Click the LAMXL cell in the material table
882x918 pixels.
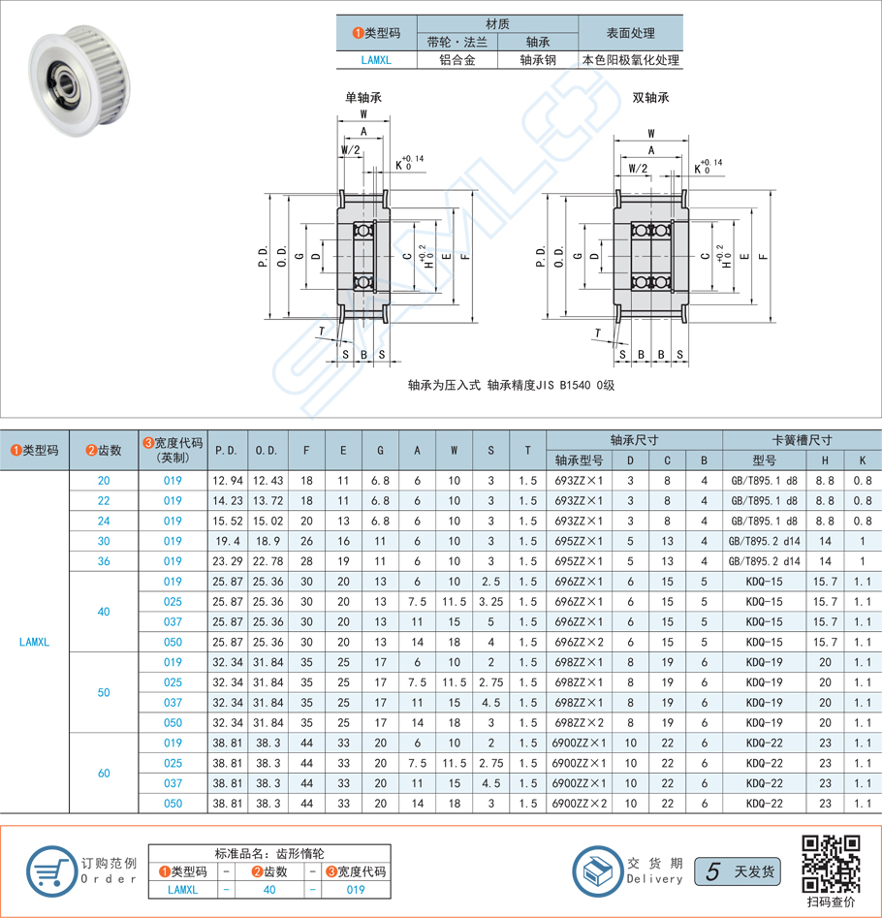[x=375, y=60]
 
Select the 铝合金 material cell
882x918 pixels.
[x=457, y=60]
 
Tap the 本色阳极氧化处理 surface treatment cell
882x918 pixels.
[x=630, y=60]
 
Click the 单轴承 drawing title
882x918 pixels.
[x=363, y=98]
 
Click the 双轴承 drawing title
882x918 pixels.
[x=650, y=98]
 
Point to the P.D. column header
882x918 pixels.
[x=227, y=450]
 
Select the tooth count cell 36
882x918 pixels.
[x=104, y=561]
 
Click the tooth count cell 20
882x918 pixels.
[x=104, y=481]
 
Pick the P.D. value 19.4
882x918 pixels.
[x=227, y=541]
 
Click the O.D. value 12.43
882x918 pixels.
[x=268, y=481]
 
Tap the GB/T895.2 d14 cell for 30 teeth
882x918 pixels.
[x=764, y=541]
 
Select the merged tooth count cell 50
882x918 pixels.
[x=104, y=692]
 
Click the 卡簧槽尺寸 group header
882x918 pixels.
[x=802, y=439]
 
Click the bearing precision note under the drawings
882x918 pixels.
[x=512, y=385]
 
